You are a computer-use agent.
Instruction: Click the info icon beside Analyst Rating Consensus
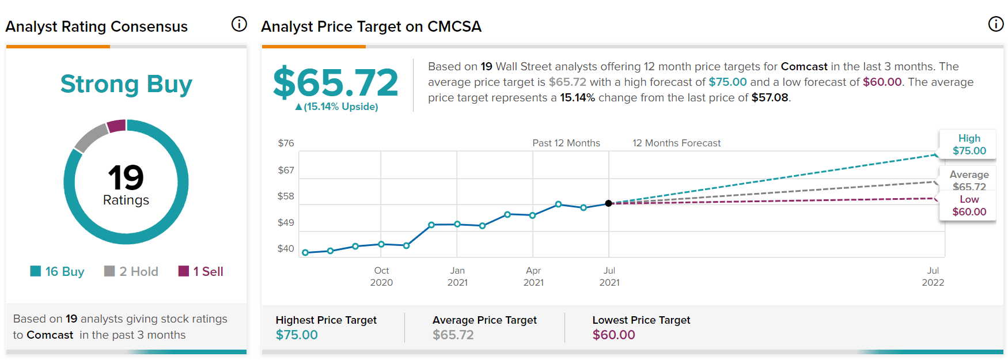click(x=239, y=24)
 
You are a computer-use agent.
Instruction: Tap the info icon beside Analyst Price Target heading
click(x=996, y=24)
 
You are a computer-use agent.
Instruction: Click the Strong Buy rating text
click(x=126, y=84)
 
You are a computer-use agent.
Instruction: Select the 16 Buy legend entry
click(x=58, y=271)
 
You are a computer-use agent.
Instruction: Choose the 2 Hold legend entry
click(x=131, y=271)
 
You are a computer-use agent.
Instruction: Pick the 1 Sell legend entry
click(x=201, y=271)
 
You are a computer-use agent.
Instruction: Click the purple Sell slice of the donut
click(x=117, y=126)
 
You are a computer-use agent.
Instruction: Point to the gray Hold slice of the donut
click(x=90, y=137)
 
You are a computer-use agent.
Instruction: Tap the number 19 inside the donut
click(x=126, y=177)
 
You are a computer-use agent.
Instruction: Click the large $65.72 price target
click(x=335, y=82)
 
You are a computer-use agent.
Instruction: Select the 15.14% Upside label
click(x=337, y=107)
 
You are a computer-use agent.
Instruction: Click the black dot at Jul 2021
click(x=608, y=203)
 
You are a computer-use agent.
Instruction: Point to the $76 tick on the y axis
click(x=286, y=143)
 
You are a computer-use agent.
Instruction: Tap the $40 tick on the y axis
click(x=286, y=248)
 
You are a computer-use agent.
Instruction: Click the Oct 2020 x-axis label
click(x=381, y=276)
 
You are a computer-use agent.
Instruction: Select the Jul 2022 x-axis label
click(x=933, y=276)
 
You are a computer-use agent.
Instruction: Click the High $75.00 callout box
click(x=968, y=145)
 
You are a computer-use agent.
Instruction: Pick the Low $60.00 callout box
click(x=968, y=206)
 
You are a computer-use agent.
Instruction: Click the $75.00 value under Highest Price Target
click(x=297, y=335)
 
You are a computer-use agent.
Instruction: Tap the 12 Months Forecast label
click(x=676, y=143)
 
